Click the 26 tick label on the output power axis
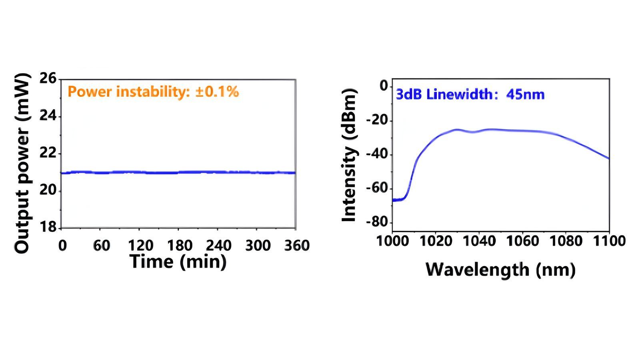[x=48, y=78]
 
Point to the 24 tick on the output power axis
[x=48, y=116]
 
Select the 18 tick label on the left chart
[x=48, y=227]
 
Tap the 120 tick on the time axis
[x=140, y=245]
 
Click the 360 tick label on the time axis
[x=297, y=245]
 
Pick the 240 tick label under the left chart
[x=218, y=245]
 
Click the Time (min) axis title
[x=178, y=262]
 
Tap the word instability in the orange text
[x=152, y=92]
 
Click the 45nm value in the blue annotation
[x=525, y=95]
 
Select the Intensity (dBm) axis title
[x=349, y=155]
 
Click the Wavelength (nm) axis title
[x=500, y=270]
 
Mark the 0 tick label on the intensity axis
[x=384, y=86]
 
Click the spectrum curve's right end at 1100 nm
[x=609, y=158]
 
